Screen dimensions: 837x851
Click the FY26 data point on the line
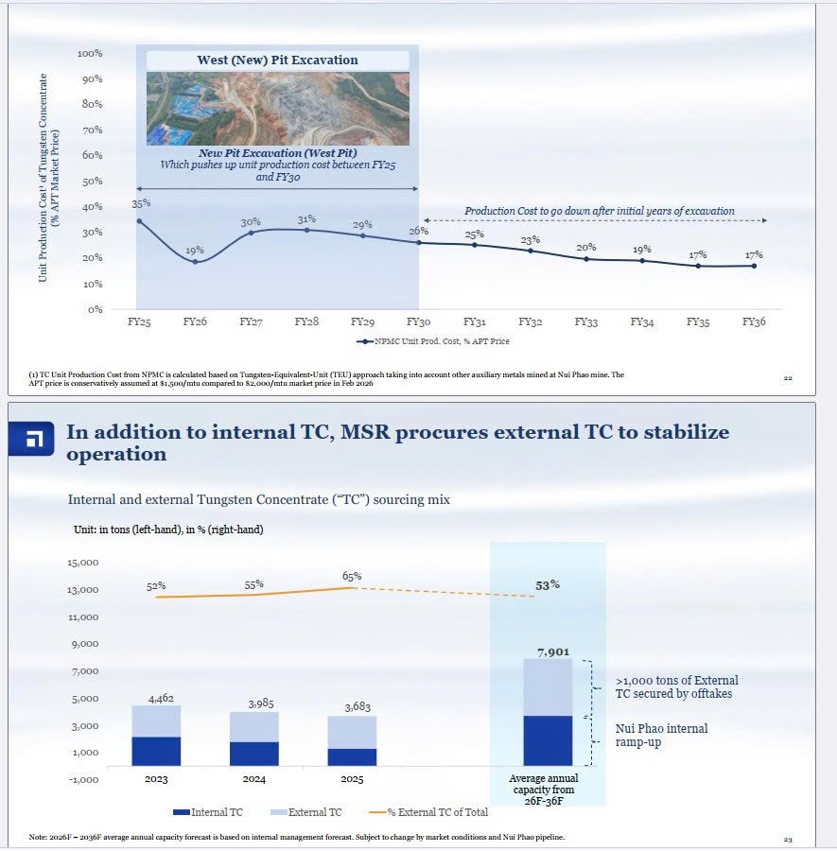(196, 262)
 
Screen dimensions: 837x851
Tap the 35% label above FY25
(141, 203)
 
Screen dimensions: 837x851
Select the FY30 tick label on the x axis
(418, 321)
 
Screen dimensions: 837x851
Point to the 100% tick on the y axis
(90, 53)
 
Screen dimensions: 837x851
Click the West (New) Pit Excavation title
(277, 60)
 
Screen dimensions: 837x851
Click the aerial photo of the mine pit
(278, 109)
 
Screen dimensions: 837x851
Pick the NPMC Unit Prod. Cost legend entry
(432, 341)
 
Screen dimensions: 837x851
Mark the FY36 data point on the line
(754, 266)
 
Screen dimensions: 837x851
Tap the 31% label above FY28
(306, 219)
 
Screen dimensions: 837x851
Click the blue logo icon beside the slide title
(31, 439)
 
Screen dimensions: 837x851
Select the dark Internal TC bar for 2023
(156, 751)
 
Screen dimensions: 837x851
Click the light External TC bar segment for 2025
(352, 732)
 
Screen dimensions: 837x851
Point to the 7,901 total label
(553, 651)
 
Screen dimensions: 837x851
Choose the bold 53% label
(548, 585)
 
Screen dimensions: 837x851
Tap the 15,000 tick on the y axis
(83, 563)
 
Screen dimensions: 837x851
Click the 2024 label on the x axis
(254, 779)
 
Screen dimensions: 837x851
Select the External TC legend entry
(306, 812)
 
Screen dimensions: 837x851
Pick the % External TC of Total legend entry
(428, 812)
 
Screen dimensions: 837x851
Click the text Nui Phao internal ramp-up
(662, 736)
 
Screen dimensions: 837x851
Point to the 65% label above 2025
(352, 577)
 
